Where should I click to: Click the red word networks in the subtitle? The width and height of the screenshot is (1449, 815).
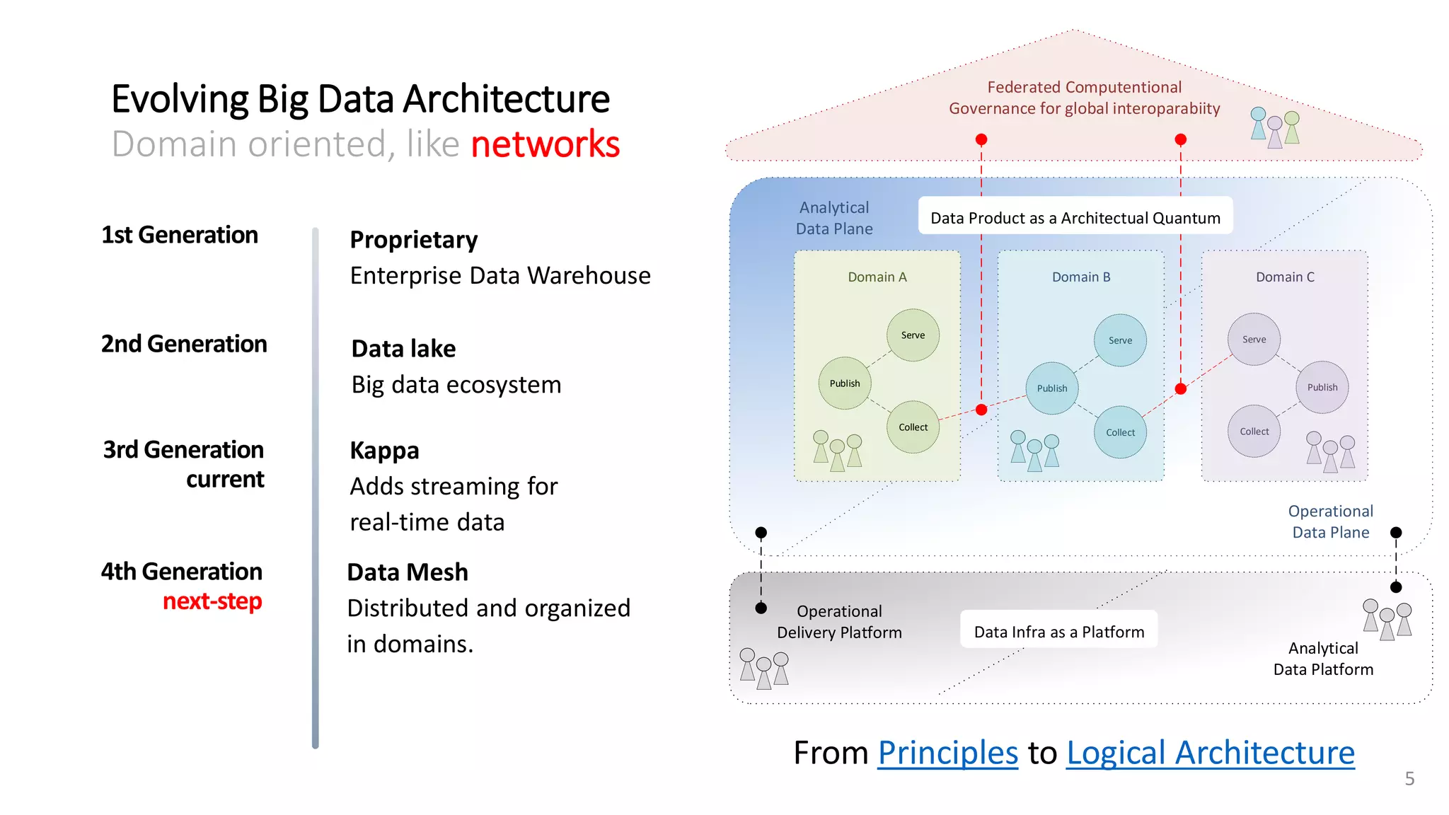(545, 144)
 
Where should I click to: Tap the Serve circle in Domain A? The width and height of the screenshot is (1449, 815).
(913, 335)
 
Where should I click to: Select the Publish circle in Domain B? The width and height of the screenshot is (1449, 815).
(1051, 388)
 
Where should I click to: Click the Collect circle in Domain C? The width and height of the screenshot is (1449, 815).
(1254, 432)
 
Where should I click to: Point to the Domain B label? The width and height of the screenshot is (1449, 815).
(1080, 277)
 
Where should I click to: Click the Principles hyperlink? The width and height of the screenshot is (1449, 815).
(947, 753)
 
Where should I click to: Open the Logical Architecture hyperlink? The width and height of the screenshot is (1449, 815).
(1210, 753)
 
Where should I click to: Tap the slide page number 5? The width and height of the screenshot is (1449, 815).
(1409, 779)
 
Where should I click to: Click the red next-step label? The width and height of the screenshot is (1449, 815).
(212, 601)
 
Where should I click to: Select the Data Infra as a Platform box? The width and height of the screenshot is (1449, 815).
(1058, 632)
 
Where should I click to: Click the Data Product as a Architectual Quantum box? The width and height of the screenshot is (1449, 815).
(1075, 218)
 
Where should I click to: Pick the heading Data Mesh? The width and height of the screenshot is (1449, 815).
(408, 572)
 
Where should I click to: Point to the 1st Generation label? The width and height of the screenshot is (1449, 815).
(180, 235)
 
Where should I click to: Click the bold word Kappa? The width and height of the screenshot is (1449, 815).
(384, 451)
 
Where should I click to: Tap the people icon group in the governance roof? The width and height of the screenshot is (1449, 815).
(1274, 128)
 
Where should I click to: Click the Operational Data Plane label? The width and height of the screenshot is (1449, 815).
(1330, 521)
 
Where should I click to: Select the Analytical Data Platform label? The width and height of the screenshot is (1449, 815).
(1323, 659)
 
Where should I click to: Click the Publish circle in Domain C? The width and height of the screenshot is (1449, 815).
(1322, 388)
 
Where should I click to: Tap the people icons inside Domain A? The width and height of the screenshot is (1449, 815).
(837, 451)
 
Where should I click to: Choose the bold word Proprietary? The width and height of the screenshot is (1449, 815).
(414, 240)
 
